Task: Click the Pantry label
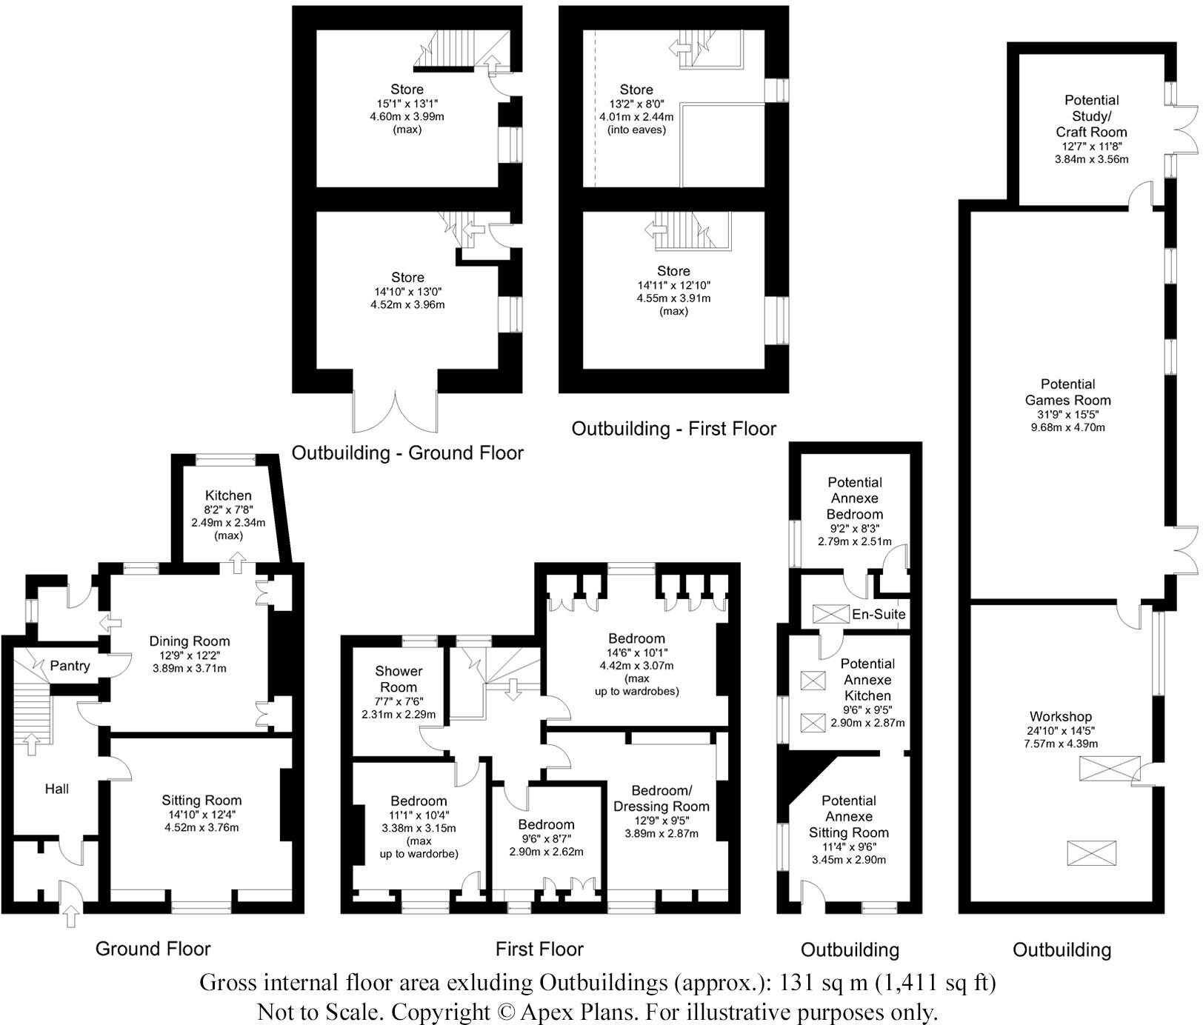click(70, 666)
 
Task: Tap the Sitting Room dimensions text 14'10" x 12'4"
click(201, 815)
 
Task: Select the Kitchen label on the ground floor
click(228, 495)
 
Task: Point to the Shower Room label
click(399, 679)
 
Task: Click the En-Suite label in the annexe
click(879, 614)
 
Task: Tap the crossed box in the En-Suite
click(830, 614)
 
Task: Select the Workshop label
click(1061, 716)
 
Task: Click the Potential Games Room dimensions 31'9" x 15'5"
click(1067, 414)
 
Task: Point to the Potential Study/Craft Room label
click(1091, 116)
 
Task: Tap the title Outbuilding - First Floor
click(673, 429)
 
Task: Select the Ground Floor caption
click(153, 949)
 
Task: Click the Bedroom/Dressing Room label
click(661, 798)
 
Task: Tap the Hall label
click(57, 789)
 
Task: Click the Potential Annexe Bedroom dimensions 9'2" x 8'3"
click(854, 529)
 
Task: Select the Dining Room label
click(190, 641)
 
